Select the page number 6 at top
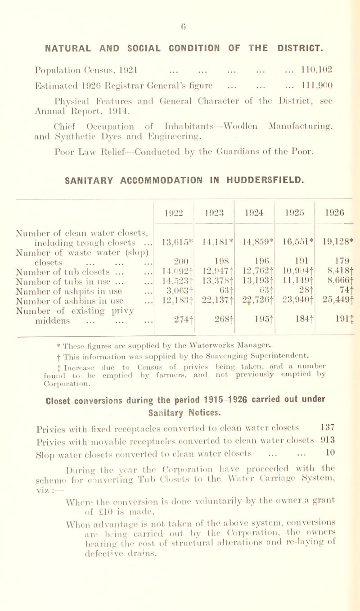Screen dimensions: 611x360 coord(180,8)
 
